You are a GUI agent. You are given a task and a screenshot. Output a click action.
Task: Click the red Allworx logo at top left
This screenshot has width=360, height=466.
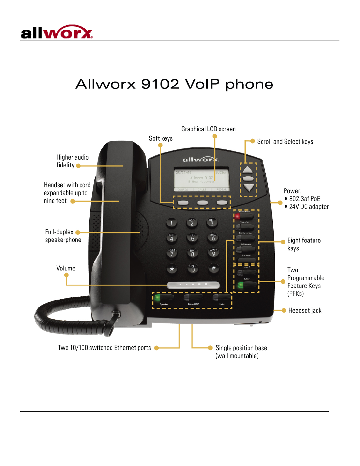56,32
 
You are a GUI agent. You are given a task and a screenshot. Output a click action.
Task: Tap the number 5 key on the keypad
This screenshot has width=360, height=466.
192,238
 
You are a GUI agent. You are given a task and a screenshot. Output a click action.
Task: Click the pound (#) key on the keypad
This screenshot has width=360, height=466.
214,268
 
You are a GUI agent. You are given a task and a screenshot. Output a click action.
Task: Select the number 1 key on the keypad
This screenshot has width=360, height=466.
171,223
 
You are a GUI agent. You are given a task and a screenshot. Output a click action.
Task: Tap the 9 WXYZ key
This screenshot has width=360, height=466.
213,253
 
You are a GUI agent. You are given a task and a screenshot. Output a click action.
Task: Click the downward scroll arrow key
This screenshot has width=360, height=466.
249,188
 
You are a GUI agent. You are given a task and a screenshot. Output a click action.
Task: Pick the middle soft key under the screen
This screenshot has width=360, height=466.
202,203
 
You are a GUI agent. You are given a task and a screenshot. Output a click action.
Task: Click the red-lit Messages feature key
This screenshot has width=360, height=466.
244,217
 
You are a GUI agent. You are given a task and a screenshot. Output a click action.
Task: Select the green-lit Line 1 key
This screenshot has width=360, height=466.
247,285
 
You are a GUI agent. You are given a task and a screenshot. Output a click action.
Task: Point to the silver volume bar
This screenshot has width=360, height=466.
193,285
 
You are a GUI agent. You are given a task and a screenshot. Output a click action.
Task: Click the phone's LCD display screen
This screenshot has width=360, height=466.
202,180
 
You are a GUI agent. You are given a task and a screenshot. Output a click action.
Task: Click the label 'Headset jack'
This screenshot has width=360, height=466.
305,310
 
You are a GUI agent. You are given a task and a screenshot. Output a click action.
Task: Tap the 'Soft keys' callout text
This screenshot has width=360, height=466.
160,138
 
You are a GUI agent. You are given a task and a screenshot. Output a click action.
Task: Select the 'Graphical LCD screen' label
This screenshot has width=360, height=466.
208,129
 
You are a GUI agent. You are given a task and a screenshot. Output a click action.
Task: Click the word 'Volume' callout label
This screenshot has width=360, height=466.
66,268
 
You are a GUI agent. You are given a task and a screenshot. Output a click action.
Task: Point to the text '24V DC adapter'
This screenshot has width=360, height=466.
309,207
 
